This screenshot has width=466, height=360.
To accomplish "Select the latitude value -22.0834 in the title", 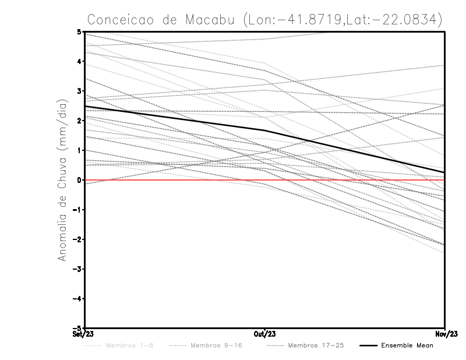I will [x=404, y=19].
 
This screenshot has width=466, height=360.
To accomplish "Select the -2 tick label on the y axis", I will [x=79, y=239].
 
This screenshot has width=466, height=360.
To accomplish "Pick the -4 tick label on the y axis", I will [x=79, y=298].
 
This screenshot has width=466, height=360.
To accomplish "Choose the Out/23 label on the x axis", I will [x=265, y=334].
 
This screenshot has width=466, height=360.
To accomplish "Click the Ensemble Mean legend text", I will [x=407, y=345].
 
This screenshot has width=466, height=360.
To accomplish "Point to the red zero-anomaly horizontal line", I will [x=175, y=180].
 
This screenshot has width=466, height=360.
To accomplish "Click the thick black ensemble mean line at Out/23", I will [x=265, y=130].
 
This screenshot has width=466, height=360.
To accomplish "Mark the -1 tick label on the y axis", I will [x=79, y=210].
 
